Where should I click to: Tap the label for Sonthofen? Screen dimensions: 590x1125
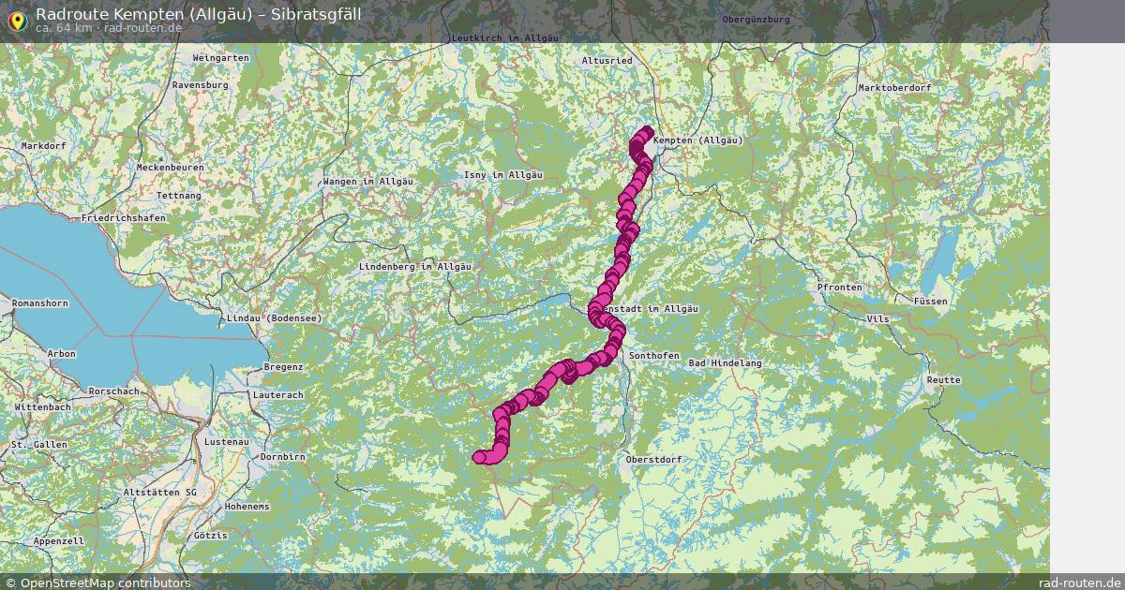coord(652,357)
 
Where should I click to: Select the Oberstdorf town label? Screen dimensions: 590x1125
coord(653,460)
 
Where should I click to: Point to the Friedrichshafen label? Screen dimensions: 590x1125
coord(124,218)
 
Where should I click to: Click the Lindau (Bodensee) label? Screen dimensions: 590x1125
coord(274,318)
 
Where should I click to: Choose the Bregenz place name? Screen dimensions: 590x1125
coord(283,367)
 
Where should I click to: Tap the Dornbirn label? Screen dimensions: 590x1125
coord(283,457)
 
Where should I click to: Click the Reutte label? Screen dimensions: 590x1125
coord(943,380)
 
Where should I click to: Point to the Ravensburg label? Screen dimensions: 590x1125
coord(200,85)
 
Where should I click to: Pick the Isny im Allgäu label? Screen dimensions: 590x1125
coord(503,176)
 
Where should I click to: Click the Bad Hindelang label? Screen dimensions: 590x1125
coord(725,363)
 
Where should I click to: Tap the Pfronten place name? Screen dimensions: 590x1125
coord(839,288)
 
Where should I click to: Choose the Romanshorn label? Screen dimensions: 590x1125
coord(39,304)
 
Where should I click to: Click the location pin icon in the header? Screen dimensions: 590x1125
coord(17,21)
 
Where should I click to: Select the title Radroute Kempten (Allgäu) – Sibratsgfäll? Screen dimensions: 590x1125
coord(198,13)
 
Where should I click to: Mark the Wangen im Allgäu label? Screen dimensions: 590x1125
coord(366,182)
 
